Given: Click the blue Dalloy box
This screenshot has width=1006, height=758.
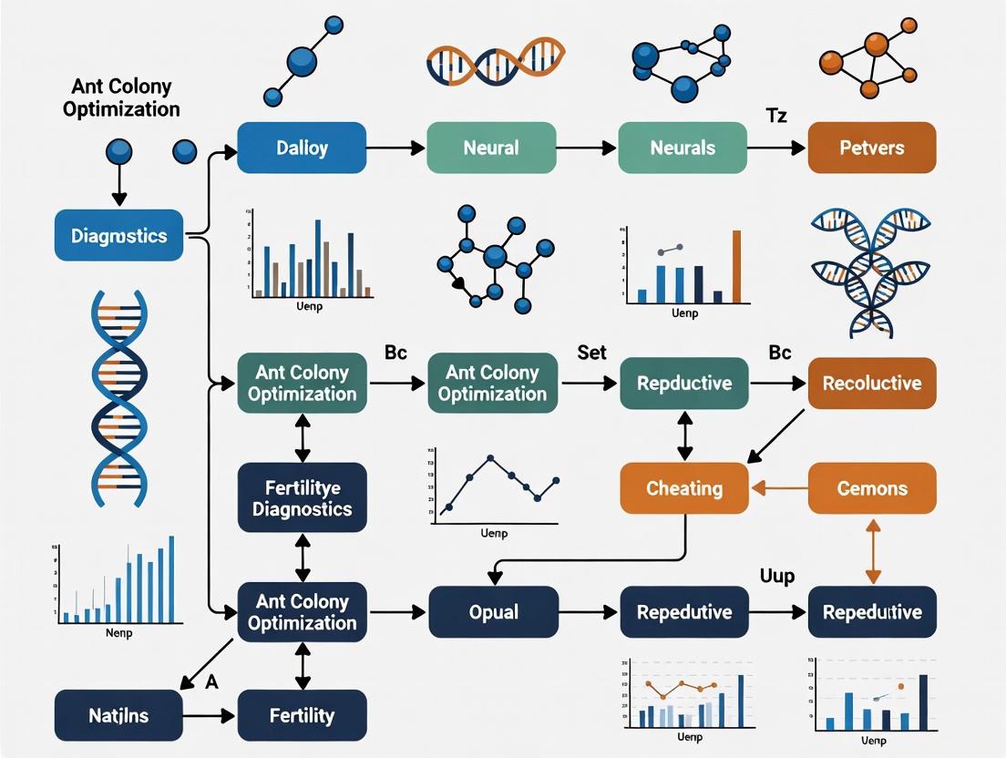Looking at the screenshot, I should (x=302, y=148).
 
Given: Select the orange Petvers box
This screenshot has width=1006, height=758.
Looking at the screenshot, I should (x=872, y=148).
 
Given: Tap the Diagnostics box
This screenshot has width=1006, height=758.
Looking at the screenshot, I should (x=118, y=236).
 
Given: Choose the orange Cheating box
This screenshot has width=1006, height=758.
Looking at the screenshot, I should (x=684, y=488).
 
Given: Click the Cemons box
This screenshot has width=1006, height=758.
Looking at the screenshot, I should (x=872, y=488).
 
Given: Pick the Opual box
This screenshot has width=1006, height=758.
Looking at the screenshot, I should (x=493, y=612).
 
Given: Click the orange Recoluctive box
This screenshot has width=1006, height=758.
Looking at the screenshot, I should (x=872, y=383).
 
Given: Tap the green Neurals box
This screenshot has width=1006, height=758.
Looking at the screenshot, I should (x=683, y=148).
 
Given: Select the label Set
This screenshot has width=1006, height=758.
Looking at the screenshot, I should (x=591, y=352).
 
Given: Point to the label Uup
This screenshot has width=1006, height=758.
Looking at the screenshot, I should (x=776, y=576).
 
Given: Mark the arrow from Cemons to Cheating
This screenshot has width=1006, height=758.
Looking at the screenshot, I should (x=778, y=488).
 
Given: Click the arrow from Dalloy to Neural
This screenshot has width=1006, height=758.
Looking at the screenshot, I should (x=396, y=148).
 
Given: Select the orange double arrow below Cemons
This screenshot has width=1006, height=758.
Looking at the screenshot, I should (x=873, y=550).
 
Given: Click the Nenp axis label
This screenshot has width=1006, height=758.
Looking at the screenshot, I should (x=119, y=633).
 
